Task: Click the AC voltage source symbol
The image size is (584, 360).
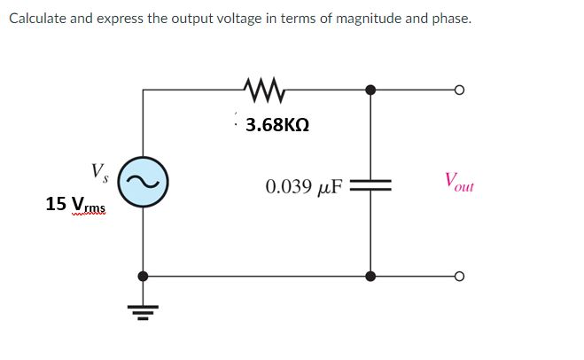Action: (139, 181)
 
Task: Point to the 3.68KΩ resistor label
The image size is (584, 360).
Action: (276, 125)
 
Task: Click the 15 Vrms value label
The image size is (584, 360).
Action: (75, 205)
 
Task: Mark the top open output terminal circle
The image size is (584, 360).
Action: (458, 90)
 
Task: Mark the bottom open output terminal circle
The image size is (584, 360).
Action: (458, 277)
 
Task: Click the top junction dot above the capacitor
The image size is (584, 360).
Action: (370, 90)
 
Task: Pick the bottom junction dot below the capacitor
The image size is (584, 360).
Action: (370, 277)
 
